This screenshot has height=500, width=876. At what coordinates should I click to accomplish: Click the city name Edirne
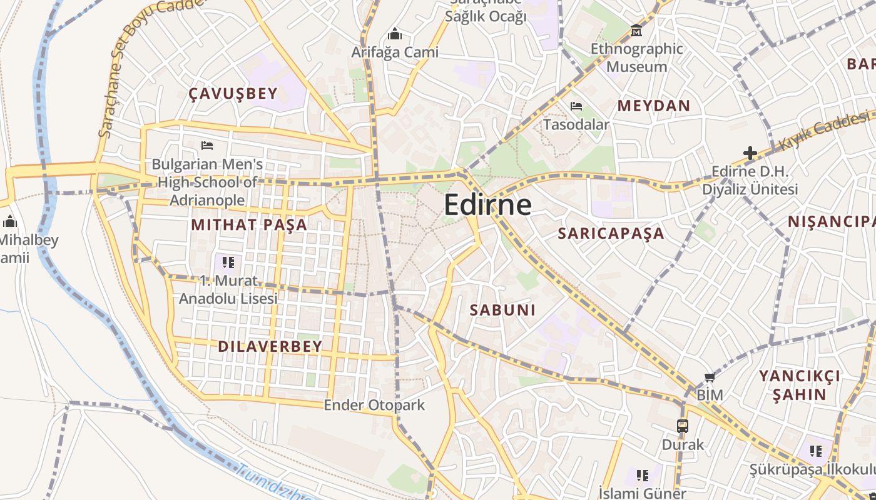[x=488, y=205]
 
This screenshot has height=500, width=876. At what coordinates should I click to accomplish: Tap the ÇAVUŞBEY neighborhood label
[x=233, y=94]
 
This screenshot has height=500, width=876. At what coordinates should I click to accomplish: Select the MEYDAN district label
[x=653, y=106]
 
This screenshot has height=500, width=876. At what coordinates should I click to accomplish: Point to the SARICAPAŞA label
[x=611, y=233]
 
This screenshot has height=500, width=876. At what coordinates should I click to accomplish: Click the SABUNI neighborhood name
[x=502, y=310]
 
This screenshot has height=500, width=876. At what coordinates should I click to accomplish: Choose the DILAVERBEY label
[x=270, y=346]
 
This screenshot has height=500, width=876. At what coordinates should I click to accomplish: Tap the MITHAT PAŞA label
[x=249, y=224]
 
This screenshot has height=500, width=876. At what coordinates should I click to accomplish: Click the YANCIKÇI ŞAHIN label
[x=799, y=385]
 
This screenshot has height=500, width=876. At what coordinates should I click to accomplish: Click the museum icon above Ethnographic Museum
[x=636, y=30]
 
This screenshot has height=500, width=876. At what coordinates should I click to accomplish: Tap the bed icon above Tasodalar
[x=576, y=106]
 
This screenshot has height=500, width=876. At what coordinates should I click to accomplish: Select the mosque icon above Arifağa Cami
[x=394, y=33]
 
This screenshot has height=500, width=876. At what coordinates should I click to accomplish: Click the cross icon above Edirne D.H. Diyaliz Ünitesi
[x=750, y=152]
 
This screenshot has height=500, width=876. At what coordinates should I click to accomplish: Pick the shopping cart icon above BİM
[x=710, y=377]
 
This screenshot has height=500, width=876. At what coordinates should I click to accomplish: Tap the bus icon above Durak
[x=682, y=426]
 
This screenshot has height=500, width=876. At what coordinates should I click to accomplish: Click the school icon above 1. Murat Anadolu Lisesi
[x=228, y=262]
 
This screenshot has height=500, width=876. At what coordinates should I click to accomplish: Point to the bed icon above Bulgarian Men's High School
[x=207, y=146]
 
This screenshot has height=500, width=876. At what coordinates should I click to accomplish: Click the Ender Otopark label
[x=374, y=405]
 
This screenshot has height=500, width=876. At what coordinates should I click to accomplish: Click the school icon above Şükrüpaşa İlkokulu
[x=815, y=451]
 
